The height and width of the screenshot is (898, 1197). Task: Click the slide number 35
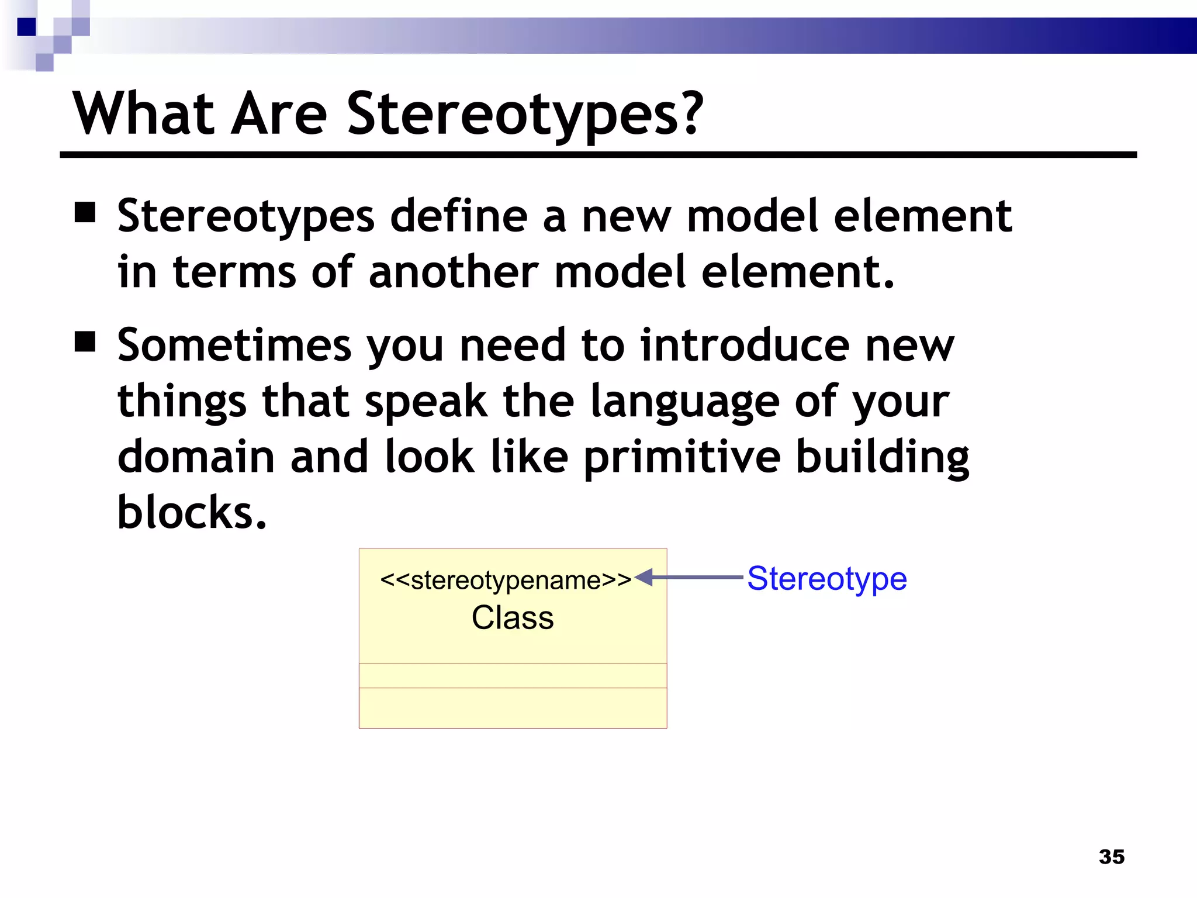[x=1111, y=856]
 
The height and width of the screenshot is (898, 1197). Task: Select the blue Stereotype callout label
[x=827, y=579]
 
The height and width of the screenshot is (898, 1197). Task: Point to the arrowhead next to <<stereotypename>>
[x=644, y=578]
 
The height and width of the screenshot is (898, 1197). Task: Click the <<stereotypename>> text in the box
[x=506, y=581]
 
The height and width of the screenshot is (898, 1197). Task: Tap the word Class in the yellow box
[x=513, y=618]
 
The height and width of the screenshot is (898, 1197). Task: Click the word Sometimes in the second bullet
[x=234, y=345]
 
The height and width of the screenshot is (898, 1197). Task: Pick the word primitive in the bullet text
[x=682, y=457]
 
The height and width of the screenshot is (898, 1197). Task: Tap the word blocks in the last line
[x=192, y=512]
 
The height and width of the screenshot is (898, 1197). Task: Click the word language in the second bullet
[x=685, y=402]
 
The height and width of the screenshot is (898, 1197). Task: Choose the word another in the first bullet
[x=454, y=272]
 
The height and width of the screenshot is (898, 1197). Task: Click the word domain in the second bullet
[x=196, y=457]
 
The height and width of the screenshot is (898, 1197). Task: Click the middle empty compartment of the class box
[x=513, y=675]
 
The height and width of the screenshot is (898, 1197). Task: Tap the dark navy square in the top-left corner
[x=27, y=27]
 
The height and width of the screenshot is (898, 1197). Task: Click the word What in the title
[x=143, y=115]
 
